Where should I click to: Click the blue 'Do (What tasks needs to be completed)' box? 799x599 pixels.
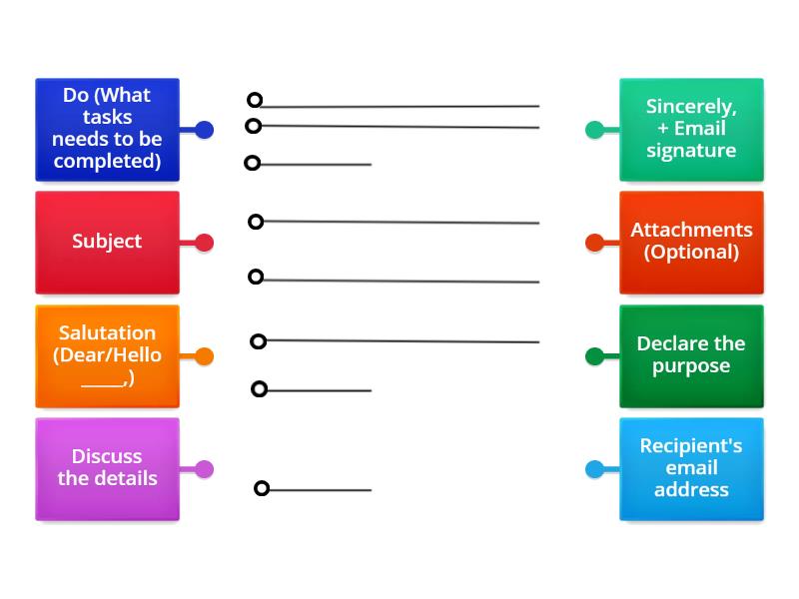pyautogui.click(x=107, y=130)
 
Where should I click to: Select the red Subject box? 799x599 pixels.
pyautogui.click(x=107, y=243)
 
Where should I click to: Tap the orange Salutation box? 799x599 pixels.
pyautogui.click(x=107, y=356)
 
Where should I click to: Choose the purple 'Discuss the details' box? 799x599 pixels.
pyautogui.click(x=107, y=469)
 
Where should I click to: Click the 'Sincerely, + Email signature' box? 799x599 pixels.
pyautogui.click(x=691, y=130)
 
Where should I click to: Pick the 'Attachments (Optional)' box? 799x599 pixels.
pyautogui.click(x=691, y=243)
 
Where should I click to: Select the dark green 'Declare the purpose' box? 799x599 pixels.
pyautogui.click(x=691, y=356)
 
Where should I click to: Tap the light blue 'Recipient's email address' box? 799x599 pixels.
pyautogui.click(x=691, y=469)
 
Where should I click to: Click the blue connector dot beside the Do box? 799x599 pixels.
pyautogui.click(x=204, y=130)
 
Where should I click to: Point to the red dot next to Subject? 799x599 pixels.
pyautogui.click(x=204, y=243)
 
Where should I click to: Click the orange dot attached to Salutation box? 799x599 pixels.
pyautogui.click(x=204, y=356)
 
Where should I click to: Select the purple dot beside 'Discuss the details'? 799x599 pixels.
pyautogui.click(x=204, y=469)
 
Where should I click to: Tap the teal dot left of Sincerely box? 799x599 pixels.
pyautogui.click(x=594, y=130)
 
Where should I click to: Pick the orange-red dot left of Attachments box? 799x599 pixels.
pyautogui.click(x=594, y=243)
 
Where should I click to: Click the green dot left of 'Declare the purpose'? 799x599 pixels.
pyautogui.click(x=594, y=356)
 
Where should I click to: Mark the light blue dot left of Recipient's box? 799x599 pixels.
pyautogui.click(x=594, y=469)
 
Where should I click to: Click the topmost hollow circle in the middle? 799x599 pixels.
pyautogui.click(x=255, y=100)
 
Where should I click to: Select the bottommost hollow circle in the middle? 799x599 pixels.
pyautogui.click(x=262, y=488)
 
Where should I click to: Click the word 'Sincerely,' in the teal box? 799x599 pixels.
pyautogui.click(x=691, y=107)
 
